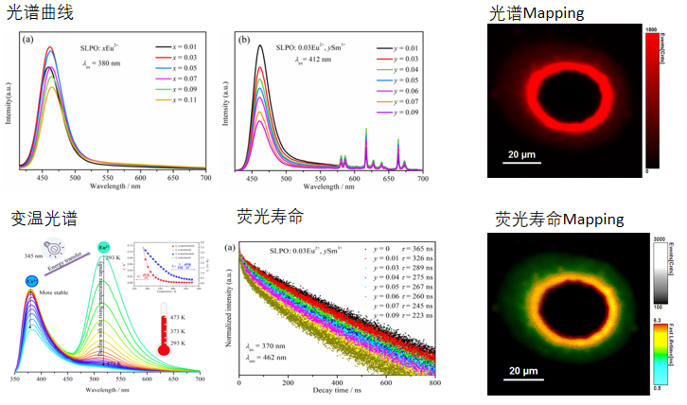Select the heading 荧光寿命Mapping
[x=560, y=219]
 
